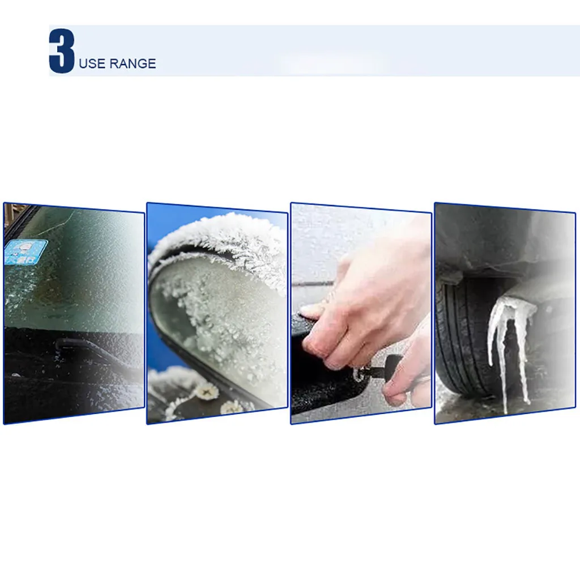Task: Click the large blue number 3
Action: click(x=62, y=50)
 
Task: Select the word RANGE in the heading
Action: click(x=133, y=63)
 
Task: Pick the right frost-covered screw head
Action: click(x=231, y=407)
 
